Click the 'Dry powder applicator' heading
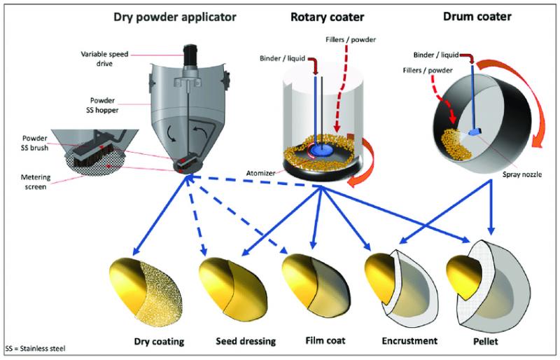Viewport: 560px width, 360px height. coord(174,18)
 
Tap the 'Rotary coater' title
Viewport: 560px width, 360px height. coord(327,17)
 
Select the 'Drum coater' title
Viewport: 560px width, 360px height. coord(477,16)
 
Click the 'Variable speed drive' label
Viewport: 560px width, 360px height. coord(104,59)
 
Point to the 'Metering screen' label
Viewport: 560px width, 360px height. coord(36,181)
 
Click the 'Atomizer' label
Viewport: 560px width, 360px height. coord(260,173)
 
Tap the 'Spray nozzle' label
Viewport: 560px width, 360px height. coord(521,174)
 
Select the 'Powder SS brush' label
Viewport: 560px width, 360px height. coord(34,143)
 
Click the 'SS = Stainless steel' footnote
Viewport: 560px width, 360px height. coord(36,348)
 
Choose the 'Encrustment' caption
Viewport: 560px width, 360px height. coord(409,340)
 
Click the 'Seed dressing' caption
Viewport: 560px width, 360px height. coord(246,341)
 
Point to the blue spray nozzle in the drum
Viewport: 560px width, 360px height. coord(475,132)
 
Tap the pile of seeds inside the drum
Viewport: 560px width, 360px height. coord(457,144)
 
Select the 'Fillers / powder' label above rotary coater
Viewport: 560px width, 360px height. coord(351,39)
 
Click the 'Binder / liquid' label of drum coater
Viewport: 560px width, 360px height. coord(436,55)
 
